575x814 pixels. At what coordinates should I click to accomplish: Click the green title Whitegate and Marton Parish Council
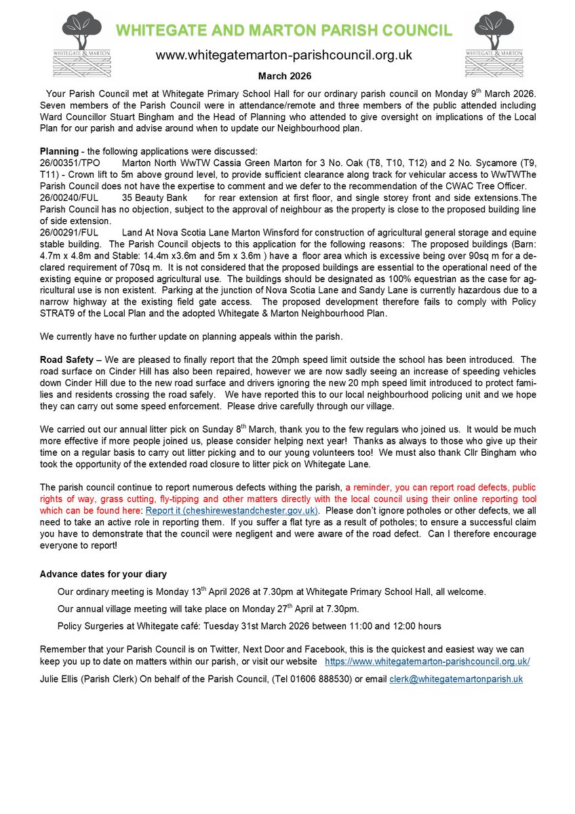[x=283, y=31]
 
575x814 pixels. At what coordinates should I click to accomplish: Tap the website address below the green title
[x=284, y=55]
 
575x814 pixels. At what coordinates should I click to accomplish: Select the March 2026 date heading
[x=284, y=76]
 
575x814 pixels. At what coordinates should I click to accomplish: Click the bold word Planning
[x=59, y=151]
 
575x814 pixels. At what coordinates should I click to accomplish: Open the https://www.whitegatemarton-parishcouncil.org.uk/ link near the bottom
[x=427, y=661]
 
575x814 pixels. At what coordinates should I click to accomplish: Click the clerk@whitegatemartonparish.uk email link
[x=456, y=678]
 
